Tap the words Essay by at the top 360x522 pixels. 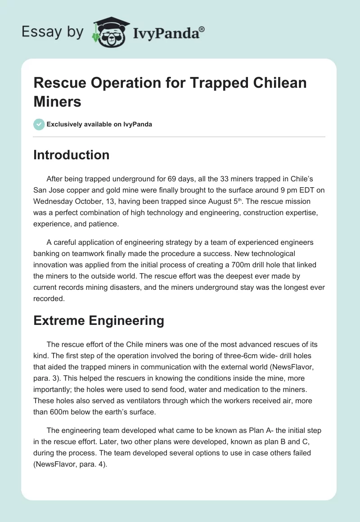click(53, 32)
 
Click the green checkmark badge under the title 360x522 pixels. click(39, 124)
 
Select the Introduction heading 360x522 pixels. click(72, 155)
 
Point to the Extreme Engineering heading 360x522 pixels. click(99, 320)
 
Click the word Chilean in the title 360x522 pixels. click(275, 83)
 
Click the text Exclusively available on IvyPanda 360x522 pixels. click(99, 124)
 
